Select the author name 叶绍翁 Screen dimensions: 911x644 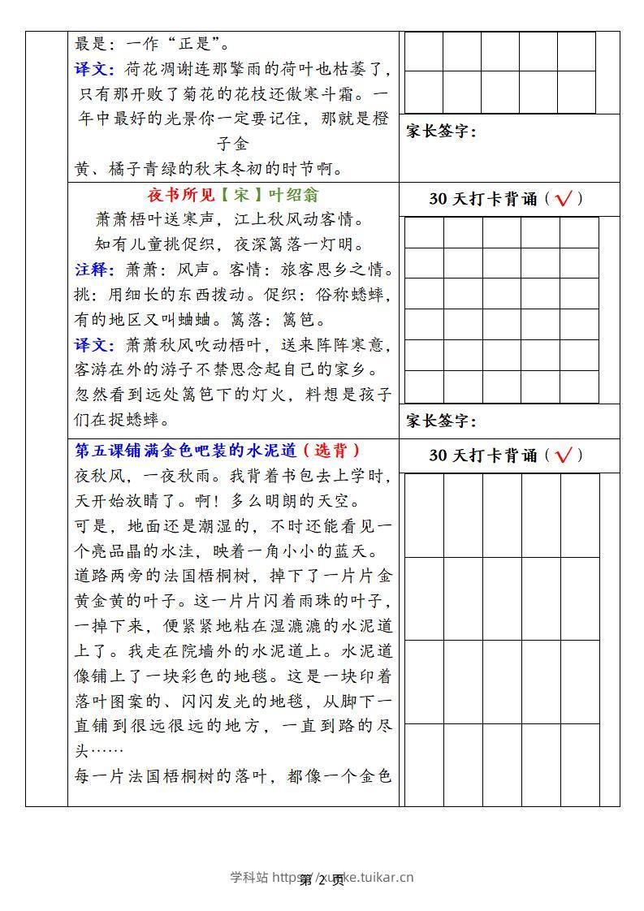point(291,195)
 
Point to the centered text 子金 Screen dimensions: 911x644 point(233,145)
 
